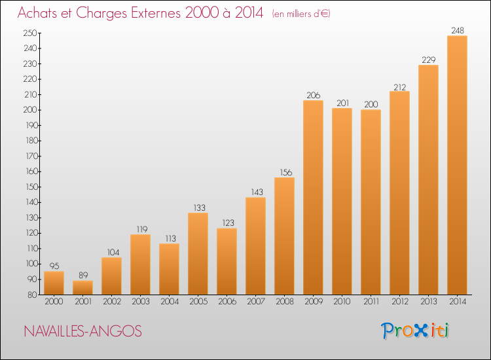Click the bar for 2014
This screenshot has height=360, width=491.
457,165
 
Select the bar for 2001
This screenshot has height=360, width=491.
82,287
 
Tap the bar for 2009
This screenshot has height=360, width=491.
313,197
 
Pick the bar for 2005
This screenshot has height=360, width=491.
198,253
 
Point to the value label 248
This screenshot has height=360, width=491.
458,30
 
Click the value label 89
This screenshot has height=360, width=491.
83,275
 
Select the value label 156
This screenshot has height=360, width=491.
285,172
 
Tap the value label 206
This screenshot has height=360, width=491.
314,95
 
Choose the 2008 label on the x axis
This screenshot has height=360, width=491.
285,302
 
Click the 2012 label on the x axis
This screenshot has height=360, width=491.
400,302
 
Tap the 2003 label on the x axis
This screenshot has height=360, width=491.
141,302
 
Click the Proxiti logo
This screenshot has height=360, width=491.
414,331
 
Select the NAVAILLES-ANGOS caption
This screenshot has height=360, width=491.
83,331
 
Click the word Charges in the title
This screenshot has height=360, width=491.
101,13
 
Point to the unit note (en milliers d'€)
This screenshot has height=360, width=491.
301,14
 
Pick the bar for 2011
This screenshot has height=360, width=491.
371,202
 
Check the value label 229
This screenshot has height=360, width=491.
429,60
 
